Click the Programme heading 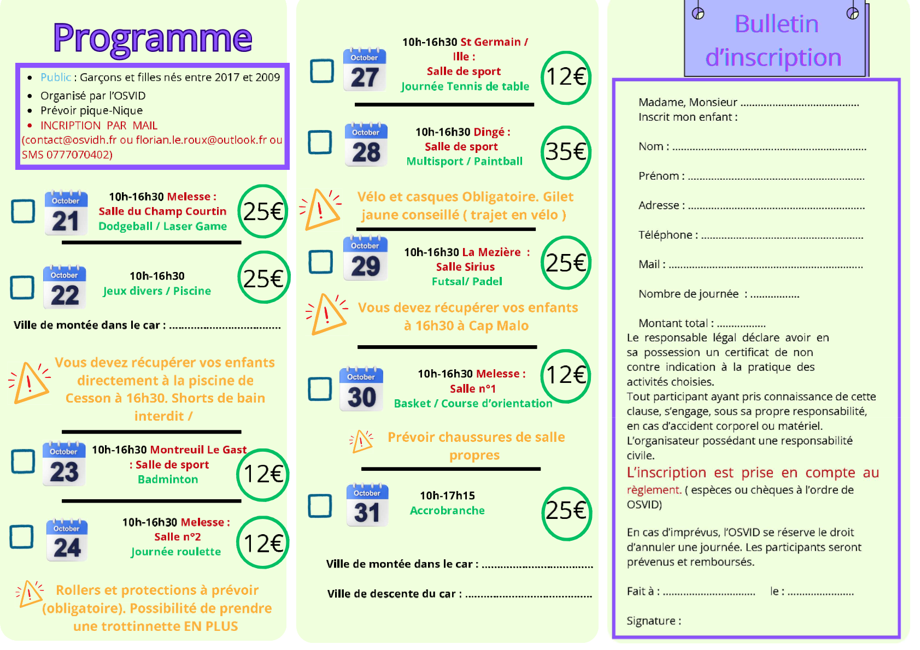153,38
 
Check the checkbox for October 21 24,211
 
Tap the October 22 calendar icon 65,287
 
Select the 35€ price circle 566,152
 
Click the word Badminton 168,480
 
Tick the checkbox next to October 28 320,142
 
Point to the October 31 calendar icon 367,505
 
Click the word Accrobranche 447,511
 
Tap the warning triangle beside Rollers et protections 30,594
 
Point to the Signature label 653,621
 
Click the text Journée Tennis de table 465,86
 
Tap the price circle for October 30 566,376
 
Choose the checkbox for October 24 22,536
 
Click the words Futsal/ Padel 467,282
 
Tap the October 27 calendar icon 365,70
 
